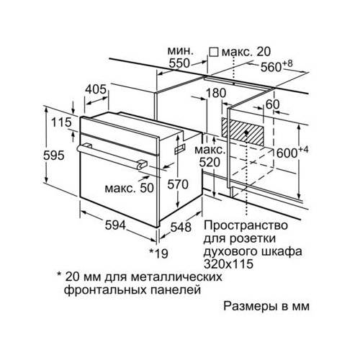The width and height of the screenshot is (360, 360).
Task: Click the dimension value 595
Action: tap(54, 156)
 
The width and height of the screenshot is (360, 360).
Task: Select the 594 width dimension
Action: tap(115, 225)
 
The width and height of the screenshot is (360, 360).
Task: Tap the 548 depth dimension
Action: tap(181, 227)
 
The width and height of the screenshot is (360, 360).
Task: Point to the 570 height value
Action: tap(178, 184)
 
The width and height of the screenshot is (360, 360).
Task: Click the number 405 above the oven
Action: tap(96, 89)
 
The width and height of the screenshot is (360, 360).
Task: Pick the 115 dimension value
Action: tap(62, 122)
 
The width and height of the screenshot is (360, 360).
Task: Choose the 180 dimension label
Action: tap(216, 93)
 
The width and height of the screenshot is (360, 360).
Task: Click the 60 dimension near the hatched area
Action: tap(273, 104)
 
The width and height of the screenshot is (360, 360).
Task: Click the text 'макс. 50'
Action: tap(129, 189)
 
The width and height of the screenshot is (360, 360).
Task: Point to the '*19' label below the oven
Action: tap(158, 253)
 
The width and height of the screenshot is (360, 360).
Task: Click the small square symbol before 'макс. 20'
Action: tap(214, 52)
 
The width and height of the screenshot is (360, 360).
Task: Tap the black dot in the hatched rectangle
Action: tap(246, 132)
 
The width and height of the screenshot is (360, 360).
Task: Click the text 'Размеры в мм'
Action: tap(266, 306)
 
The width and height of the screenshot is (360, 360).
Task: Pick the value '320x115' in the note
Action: tap(228, 264)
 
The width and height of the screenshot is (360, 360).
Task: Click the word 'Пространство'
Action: tap(246, 226)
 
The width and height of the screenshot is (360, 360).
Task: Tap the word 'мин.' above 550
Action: tap(180, 51)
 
